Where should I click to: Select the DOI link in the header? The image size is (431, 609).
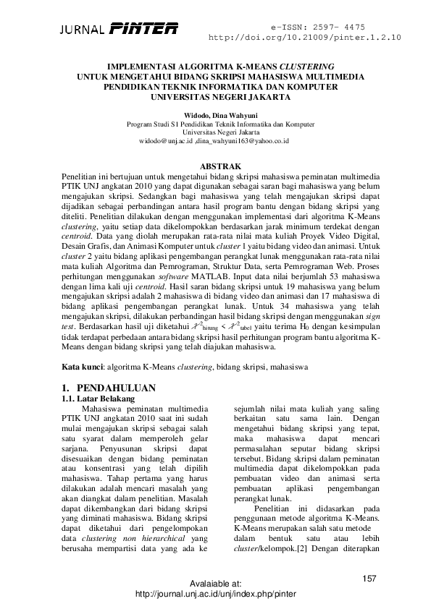(x=304, y=37)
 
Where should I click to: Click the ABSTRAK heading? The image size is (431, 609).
(x=215, y=166)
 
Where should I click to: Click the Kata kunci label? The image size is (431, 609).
(x=78, y=367)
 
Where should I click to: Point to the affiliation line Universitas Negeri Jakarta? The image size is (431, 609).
(x=215, y=133)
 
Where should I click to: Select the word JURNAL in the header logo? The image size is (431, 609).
(x=83, y=30)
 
